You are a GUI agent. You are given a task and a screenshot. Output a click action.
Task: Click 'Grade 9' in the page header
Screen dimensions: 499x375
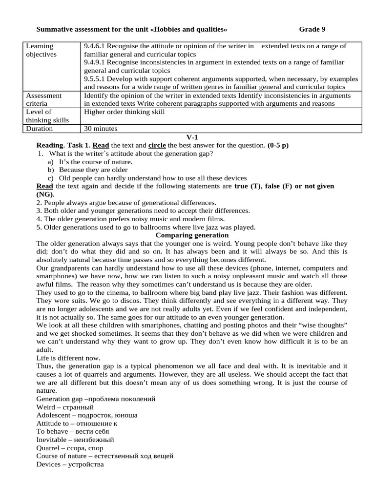pyautogui.click(x=312, y=29)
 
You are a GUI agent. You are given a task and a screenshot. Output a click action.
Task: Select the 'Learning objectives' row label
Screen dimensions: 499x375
pyautogui.click(x=42, y=50)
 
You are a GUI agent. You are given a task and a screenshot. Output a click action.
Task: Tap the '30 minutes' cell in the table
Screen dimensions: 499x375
pyautogui.click(x=101, y=129)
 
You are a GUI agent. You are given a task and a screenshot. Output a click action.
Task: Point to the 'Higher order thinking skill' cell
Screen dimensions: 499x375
pyautogui.click(x=125, y=112)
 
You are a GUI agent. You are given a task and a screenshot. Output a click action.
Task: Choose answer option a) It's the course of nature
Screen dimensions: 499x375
pyautogui.click(x=90, y=162)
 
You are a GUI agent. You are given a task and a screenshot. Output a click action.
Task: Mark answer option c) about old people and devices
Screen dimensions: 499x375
pyautogui.click(x=147, y=178)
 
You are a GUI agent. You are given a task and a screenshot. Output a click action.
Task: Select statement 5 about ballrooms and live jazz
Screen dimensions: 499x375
pyautogui.click(x=146, y=227)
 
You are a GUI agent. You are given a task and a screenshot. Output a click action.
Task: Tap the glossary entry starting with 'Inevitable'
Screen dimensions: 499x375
pyautogui.click(x=72, y=440)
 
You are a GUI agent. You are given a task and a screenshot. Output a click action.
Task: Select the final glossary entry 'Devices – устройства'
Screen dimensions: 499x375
pyautogui.click(x=70, y=464)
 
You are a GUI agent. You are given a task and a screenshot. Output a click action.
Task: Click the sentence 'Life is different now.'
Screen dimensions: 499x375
pyautogui.click(x=68, y=358)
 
